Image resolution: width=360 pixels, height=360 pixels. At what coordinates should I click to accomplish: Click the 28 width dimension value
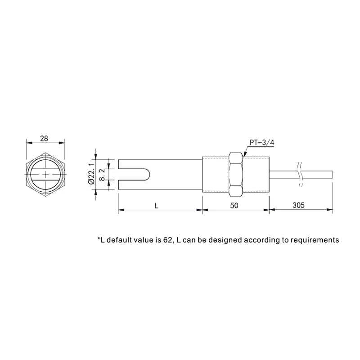pyautogui.click(x=44, y=139)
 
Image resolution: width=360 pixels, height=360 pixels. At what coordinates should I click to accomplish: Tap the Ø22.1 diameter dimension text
pyautogui.click(x=91, y=174)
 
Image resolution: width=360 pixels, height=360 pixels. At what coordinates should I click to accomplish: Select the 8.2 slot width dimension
pyautogui.click(x=102, y=175)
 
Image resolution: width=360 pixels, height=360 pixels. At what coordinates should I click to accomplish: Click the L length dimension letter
pyautogui.click(x=156, y=206)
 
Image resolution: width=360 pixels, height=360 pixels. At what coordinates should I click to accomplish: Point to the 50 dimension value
pyautogui.click(x=234, y=206)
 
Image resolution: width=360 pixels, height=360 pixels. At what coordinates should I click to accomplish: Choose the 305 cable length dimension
pyautogui.click(x=298, y=205)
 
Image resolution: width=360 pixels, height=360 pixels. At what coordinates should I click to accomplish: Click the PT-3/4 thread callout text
pyautogui.click(x=262, y=143)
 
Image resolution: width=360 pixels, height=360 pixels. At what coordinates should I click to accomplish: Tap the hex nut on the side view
pyautogui.click(x=236, y=174)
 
